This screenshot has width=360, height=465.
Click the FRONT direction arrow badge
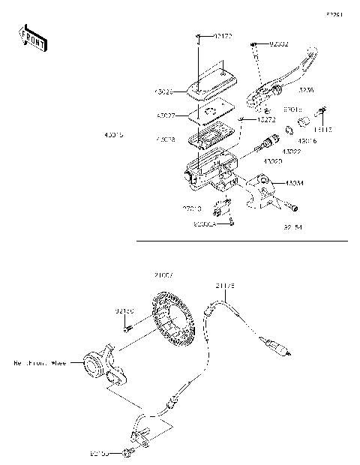(x=32, y=38)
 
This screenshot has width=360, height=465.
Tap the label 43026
(x=163, y=91)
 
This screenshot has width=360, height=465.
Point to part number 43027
(x=166, y=116)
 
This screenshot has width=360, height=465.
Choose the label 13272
(x=265, y=120)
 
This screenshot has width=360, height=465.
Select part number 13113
(x=323, y=130)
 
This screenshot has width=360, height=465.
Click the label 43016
(x=307, y=140)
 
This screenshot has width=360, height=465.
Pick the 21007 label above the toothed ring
(x=163, y=276)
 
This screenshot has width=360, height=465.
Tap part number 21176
(x=225, y=286)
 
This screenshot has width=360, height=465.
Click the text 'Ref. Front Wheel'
(x=40, y=364)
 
